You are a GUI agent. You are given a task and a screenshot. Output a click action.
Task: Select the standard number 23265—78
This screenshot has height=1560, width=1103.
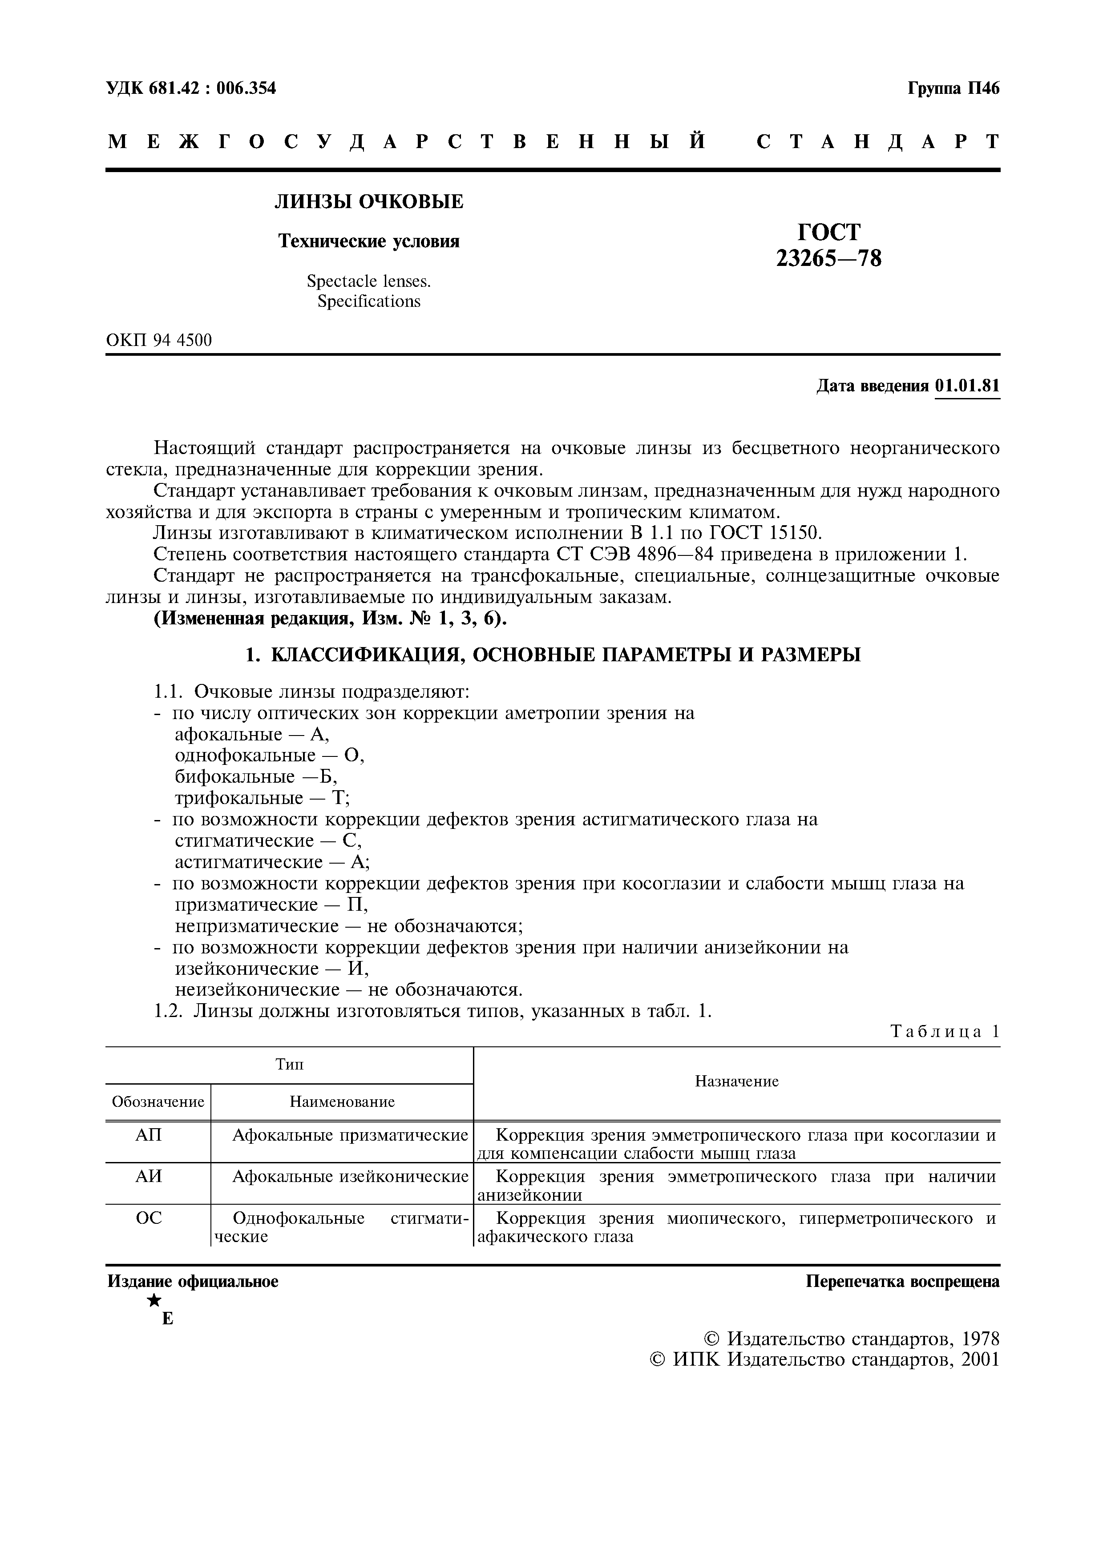click(x=828, y=259)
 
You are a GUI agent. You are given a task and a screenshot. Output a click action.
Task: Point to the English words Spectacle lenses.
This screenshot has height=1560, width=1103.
click(x=368, y=281)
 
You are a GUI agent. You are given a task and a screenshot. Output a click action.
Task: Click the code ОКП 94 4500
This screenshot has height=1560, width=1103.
click(x=159, y=340)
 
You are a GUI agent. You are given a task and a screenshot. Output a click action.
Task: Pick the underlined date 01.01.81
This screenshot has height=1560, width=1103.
click(x=967, y=386)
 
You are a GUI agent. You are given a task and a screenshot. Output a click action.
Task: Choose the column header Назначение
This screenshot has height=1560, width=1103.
click(x=737, y=1081)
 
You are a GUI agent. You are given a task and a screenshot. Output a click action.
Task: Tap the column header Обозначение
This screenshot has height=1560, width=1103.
click(x=158, y=1102)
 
